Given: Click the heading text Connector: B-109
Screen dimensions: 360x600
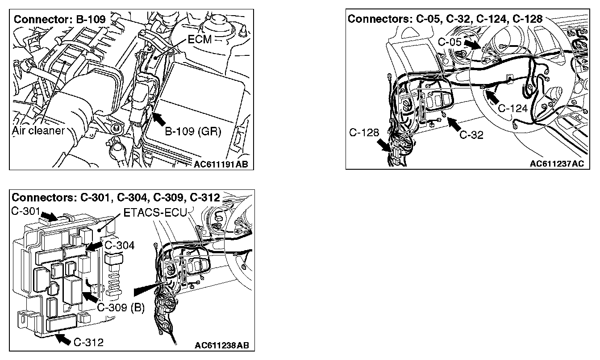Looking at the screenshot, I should [x=60, y=20].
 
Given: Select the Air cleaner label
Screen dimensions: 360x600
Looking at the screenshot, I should [x=38, y=131].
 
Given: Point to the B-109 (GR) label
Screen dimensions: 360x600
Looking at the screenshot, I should [x=193, y=132].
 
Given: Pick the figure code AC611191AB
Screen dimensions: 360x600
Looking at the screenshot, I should [x=221, y=164].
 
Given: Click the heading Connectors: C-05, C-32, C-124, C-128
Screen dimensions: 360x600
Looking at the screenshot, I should [x=445, y=19].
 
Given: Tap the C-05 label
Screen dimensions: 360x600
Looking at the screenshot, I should [x=449, y=42].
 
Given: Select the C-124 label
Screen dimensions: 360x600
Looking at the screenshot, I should [x=512, y=108].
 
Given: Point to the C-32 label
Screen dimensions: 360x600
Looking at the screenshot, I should [x=471, y=134].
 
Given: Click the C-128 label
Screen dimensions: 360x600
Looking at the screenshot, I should [x=364, y=133].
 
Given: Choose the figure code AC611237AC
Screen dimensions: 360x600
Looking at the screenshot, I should [x=556, y=163].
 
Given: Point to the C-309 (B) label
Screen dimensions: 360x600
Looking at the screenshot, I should [x=121, y=308].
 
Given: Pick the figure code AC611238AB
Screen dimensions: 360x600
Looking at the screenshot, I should [x=221, y=345].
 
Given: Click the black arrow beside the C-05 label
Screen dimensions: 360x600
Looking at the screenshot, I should [x=471, y=44].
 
